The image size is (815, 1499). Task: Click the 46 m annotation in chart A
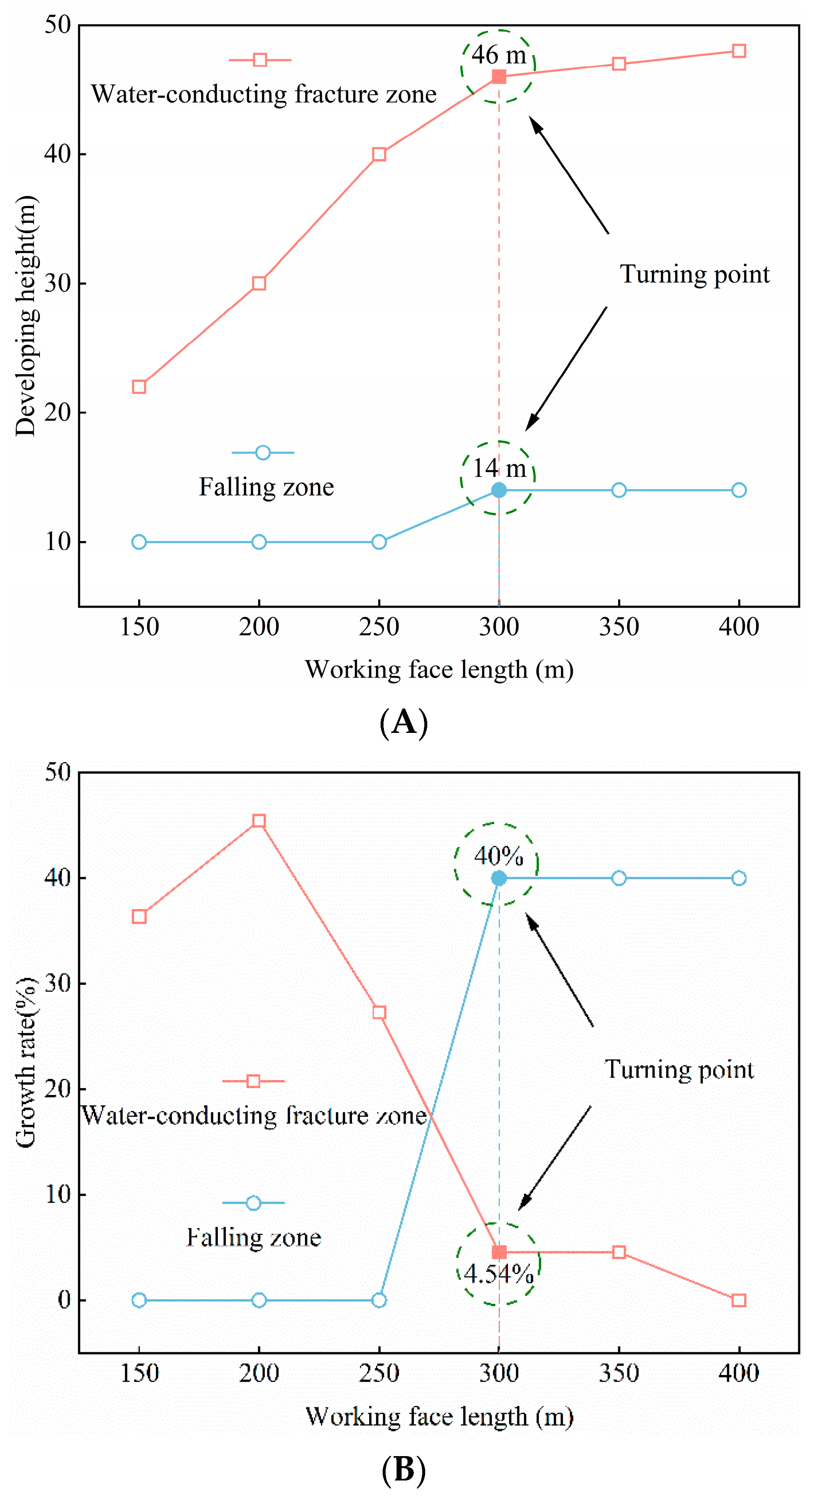click(498, 55)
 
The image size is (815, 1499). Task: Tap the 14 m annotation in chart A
click(499, 468)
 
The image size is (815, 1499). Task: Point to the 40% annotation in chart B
click(498, 856)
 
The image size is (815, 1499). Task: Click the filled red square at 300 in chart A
click(499, 77)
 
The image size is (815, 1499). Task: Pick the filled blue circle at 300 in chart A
click(499, 490)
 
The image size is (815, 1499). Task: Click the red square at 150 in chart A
click(139, 387)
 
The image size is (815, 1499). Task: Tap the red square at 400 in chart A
click(739, 51)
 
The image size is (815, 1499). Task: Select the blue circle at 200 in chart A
click(259, 542)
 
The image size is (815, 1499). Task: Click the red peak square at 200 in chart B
click(259, 821)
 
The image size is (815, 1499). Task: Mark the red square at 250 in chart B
click(379, 1013)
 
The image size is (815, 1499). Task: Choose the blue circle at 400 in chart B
click(739, 878)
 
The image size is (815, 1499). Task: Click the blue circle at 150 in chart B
click(139, 1300)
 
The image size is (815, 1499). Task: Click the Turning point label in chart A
click(694, 274)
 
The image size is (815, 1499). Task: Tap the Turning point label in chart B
click(679, 1070)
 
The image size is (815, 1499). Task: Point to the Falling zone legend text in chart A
click(267, 487)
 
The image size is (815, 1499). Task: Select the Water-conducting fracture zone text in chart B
click(254, 1116)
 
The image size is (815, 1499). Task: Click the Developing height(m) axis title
click(26, 315)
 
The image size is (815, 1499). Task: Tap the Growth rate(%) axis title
click(26, 1062)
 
